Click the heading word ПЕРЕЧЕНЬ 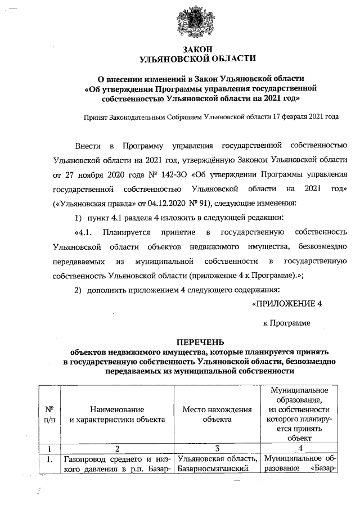click(200, 341)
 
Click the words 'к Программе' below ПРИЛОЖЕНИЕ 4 click(287, 323)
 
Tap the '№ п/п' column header click(49, 414)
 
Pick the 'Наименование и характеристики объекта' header click(116, 414)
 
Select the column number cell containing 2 click(116, 449)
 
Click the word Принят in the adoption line click(96, 118)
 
